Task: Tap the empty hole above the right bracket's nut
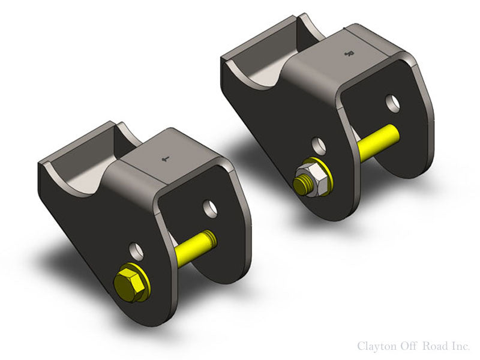tap(319, 145)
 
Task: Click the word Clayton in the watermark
tap(376, 346)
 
